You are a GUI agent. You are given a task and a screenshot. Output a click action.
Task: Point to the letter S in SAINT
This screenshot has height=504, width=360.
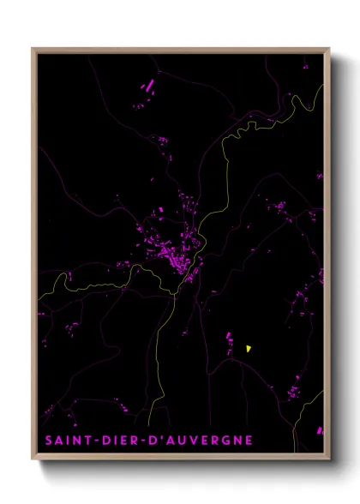49,441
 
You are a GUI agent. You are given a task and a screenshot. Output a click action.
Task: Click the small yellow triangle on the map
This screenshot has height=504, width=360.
248,349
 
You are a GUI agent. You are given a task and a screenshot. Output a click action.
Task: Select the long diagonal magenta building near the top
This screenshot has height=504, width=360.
148,86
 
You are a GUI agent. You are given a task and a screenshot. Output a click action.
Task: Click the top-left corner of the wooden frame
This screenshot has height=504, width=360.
33,49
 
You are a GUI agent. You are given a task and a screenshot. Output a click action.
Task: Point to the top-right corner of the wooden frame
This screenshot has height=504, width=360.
328,49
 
